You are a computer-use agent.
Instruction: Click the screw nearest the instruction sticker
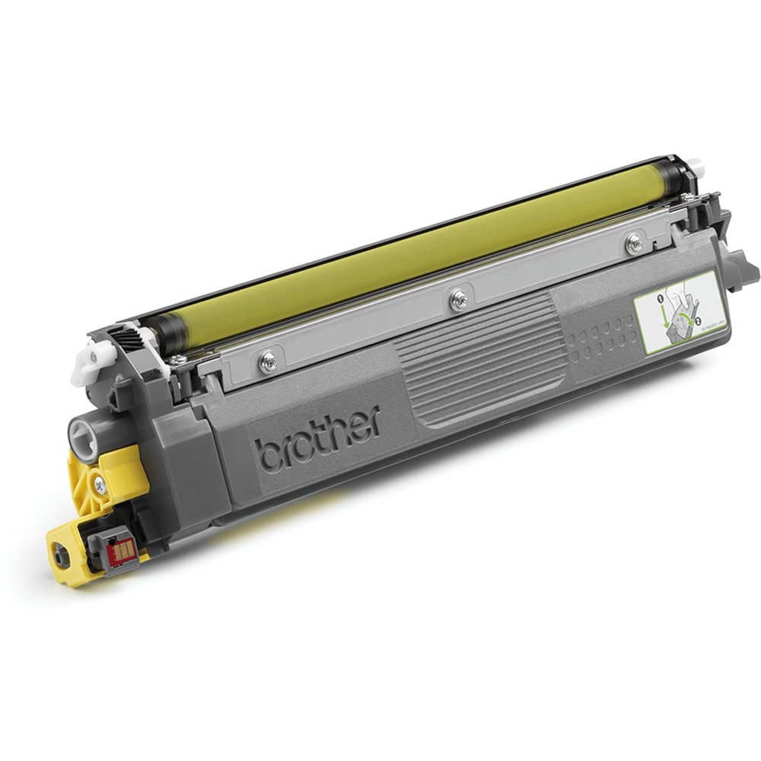point(633,242)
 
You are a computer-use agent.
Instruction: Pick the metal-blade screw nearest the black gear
point(267,361)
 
